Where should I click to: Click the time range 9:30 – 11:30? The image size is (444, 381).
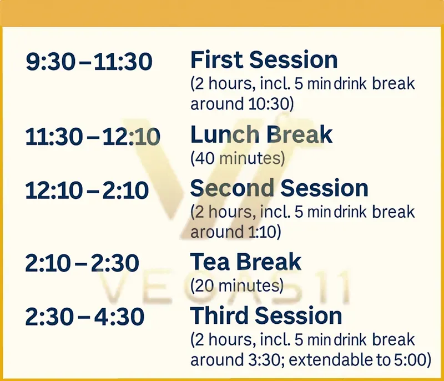click(89, 62)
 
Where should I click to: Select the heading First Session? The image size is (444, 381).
click(264, 59)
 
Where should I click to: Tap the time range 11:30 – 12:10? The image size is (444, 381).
click(93, 137)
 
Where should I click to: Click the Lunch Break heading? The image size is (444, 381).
click(261, 135)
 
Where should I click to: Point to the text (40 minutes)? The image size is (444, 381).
click(238, 159)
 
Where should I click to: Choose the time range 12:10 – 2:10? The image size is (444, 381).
click(87, 190)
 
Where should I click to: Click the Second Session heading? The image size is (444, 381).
click(279, 188)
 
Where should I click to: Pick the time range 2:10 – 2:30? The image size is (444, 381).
click(82, 263)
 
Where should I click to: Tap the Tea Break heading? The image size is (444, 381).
click(246, 262)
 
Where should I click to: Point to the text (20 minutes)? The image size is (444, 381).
click(237, 286)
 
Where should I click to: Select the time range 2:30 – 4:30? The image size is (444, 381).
click(84, 317)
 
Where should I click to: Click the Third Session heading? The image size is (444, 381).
click(266, 315)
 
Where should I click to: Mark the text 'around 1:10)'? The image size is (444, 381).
click(235, 232)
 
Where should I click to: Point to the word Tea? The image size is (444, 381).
click(209, 262)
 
